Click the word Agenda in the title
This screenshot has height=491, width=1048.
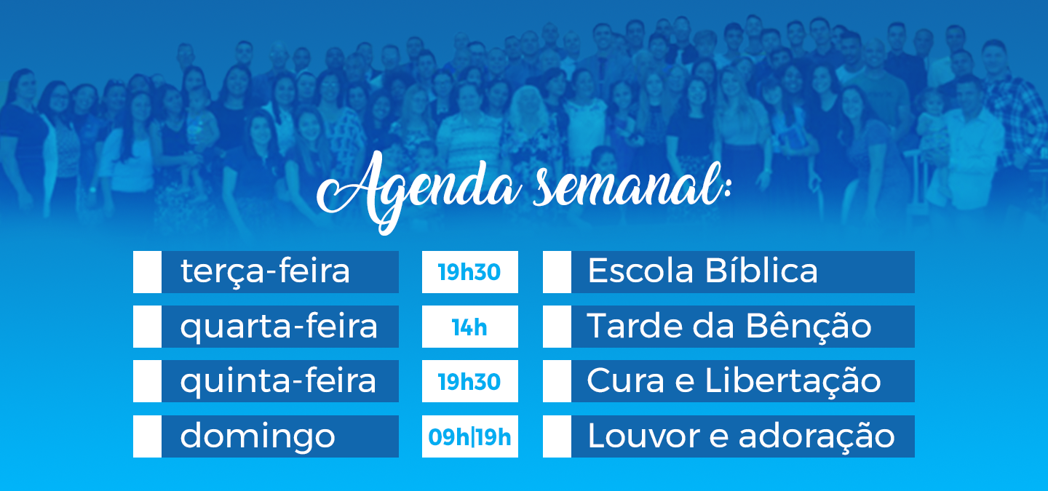point(418,192)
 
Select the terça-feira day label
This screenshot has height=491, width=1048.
point(265,272)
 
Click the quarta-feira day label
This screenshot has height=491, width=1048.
point(279,327)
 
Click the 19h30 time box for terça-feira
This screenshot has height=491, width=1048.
point(469,272)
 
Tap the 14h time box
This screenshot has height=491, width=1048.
point(469,327)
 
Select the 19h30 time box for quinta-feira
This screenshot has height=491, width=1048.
point(469,382)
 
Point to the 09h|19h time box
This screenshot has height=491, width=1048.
point(469,436)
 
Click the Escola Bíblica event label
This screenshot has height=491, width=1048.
point(703,271)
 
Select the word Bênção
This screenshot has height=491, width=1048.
point(809,325)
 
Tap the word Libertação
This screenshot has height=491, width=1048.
point(793,380)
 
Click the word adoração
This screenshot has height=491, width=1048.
point(817,436)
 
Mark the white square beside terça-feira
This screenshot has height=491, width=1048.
point(147,272)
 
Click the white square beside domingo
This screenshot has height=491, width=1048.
point(147,436)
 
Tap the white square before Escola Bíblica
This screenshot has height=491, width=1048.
point(557,272)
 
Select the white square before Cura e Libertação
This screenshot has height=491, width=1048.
point(557,382)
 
